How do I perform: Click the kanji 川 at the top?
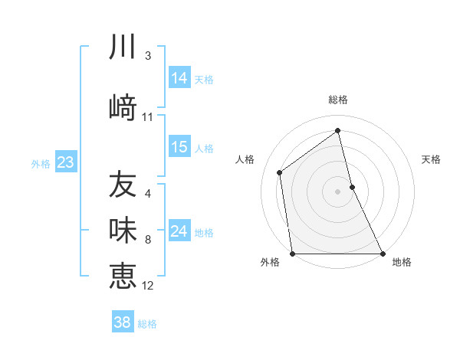click(x=123, y=48)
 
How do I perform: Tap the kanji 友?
click(x=123, y=185)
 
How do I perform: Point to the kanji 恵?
click(x=123, y=275)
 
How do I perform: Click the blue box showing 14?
click(x=179, y=78)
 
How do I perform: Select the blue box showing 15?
click(x=179, y=148)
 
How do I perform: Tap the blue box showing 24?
click(x=179, y=231)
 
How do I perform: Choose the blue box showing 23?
click(x=65, y=162)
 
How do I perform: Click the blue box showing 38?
click(x=123, y=322)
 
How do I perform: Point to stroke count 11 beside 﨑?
click(x=148, y=117)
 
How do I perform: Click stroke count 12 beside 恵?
click(x=148, y=286)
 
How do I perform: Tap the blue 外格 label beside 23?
click(x=41, y=163)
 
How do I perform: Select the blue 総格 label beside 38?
click(x=147, y=324)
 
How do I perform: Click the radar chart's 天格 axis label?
click(x=431, y=159)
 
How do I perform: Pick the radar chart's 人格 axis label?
click(x=245, y=159)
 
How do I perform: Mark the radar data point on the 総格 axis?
click(x=337, y=131)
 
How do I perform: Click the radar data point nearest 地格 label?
click(x=383, y=254)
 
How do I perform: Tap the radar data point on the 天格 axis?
click(x=352, y=187)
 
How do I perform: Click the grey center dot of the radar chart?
click(x=337, y=191)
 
